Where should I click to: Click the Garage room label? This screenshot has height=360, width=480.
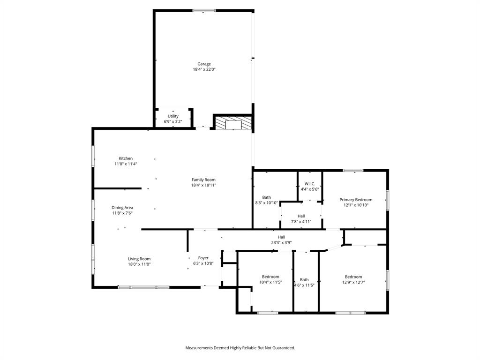click(x=203, y=64)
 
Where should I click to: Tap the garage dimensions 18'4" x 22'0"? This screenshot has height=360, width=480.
click(x=203, y=69)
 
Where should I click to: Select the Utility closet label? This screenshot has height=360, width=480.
click(x=173, y=116)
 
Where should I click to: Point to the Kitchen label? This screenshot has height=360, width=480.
click(x=126, y=158)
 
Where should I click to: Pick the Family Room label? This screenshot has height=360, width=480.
click(x=203, y=180)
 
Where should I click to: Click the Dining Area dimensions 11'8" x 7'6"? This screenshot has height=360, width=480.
click(x=122, y=213)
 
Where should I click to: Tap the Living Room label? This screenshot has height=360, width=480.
click(x=139, y=259)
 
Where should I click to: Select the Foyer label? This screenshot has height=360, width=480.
click(x=203, y=258)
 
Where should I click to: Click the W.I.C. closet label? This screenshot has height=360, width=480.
click(x=309, y=183)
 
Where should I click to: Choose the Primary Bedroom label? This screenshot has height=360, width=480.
click(x=356, y=200)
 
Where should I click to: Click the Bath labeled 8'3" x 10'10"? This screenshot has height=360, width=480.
click(x=266, y=197)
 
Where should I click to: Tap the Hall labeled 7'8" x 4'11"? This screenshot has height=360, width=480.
click(x=301, y=216)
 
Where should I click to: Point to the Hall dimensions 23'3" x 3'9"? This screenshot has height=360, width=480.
click(x=281, y=242)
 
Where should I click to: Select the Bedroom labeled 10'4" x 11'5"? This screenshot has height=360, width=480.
click(x=270, y=277)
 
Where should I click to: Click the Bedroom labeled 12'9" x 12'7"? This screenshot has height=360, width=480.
click(x=353, y=277)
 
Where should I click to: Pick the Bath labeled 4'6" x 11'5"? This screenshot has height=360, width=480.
click(x=304, y=279)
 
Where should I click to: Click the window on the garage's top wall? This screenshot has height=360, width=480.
click(x=204, y=10)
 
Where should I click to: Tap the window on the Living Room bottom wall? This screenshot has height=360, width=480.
click(x=143, y=287)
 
